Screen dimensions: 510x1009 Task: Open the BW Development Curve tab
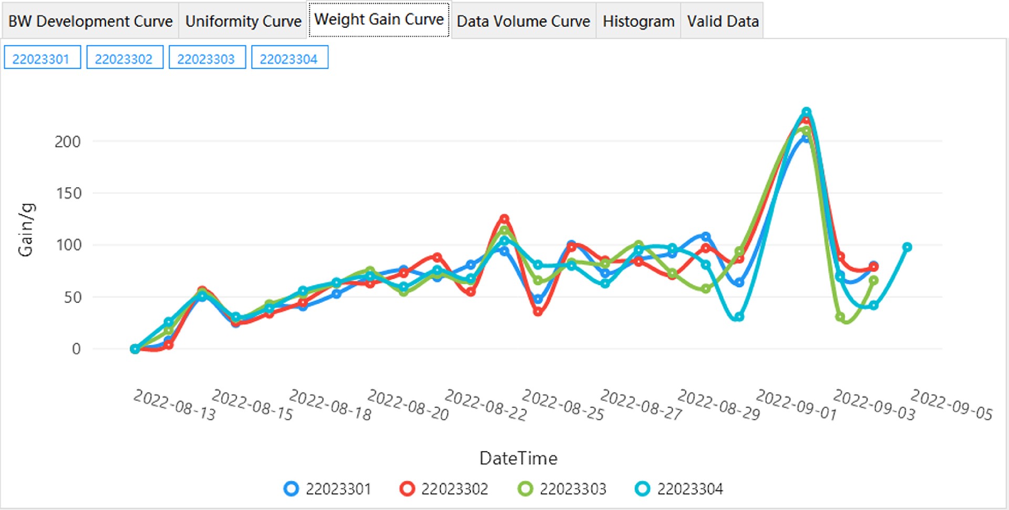pos(90,21)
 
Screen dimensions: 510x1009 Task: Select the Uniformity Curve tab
pos(243,21)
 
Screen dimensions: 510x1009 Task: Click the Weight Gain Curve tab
pos(379,19)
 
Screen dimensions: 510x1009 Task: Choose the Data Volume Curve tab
pos(523,21)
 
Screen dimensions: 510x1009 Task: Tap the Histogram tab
pos(639,21)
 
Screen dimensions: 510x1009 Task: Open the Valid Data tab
pos(723,21)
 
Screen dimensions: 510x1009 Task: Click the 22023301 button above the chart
pos(42,58)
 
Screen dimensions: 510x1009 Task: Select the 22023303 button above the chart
pos(207,58)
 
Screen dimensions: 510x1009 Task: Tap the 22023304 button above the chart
pos(289,58)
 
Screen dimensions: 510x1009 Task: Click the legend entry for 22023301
pos(328,489)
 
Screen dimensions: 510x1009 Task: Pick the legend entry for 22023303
pos(562,489)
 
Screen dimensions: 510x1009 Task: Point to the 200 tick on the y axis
pos(68,142)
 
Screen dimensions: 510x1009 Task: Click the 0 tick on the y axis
pos(76,349)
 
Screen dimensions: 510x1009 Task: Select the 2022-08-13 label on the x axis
pos(174,405)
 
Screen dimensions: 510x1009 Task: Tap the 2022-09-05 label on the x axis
pos(951,405)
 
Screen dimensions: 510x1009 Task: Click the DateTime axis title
pos(518,458)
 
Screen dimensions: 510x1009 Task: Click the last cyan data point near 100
pos(907,247)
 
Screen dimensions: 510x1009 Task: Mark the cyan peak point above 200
pos(806,112)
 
